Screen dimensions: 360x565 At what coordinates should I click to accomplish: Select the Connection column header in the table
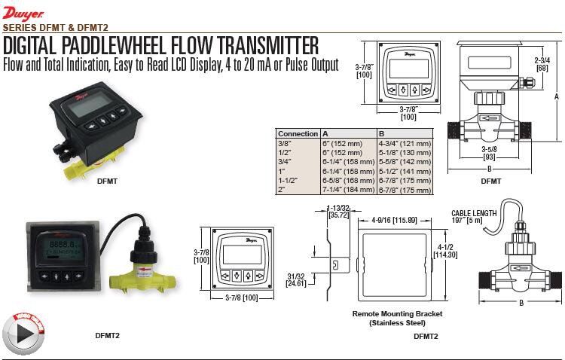coord(298,133)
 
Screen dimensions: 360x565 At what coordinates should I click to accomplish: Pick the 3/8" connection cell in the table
coord(284,142)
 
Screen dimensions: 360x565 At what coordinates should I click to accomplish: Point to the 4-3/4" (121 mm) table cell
coord(405,142)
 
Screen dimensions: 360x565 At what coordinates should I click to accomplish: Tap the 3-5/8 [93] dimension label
coord(490,153)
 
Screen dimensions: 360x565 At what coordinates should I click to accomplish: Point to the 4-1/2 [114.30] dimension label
coord(450,249)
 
